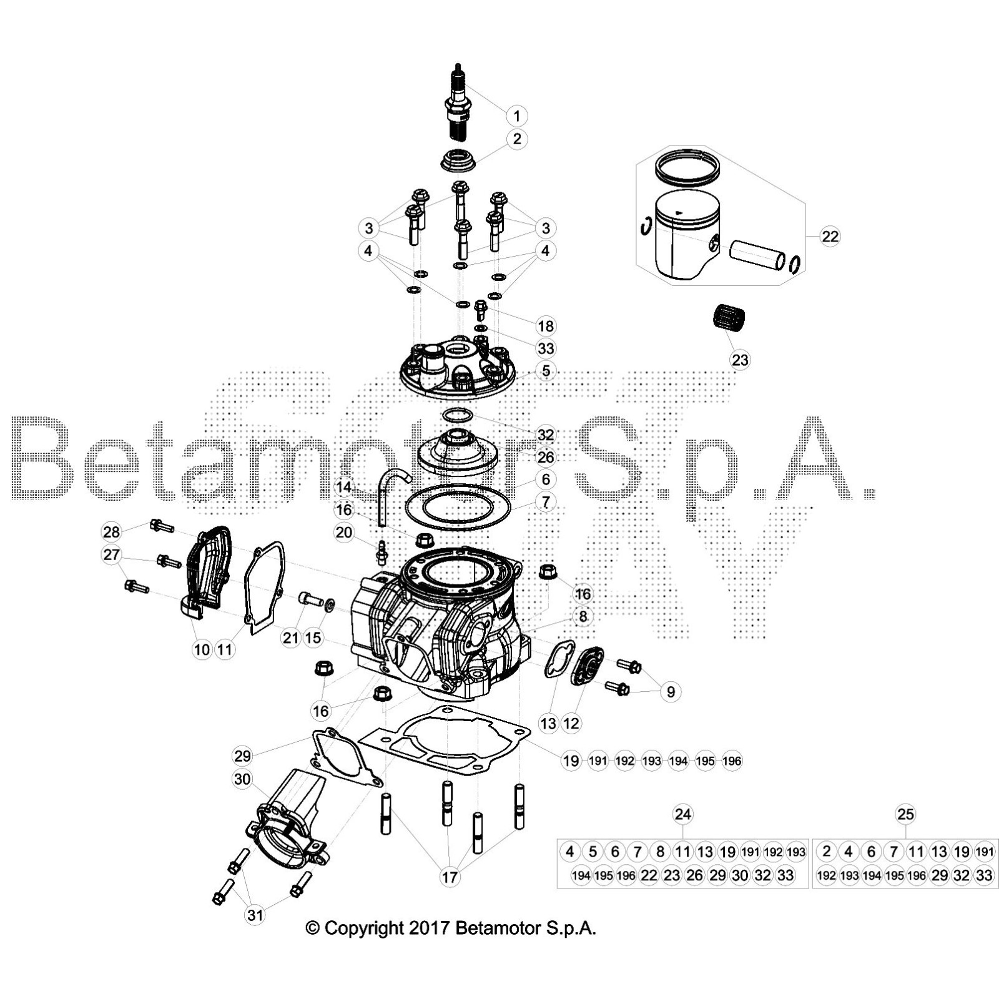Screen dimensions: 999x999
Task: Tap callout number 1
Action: coord(516,116)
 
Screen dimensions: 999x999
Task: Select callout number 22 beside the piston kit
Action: coord(830,237)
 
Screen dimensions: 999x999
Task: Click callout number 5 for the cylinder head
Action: coord(546,370)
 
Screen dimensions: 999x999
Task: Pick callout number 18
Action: coord(546,326)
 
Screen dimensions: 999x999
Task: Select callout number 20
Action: coord(344,533)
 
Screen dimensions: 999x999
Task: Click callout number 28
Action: coord(111,532)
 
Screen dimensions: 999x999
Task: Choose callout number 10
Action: coord(202,649)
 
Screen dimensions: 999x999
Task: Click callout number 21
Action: coord(291,638)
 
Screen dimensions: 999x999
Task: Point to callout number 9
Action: coord(671,691)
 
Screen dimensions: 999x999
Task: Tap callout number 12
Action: coord(571,723)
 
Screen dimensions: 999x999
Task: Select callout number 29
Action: coord(242,755)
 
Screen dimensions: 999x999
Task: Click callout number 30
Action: coord(242,779)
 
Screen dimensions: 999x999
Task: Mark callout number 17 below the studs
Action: coord(450,877)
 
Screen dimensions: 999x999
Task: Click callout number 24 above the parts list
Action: coord(683,814)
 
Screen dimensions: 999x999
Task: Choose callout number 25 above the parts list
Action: coord(905,814)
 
